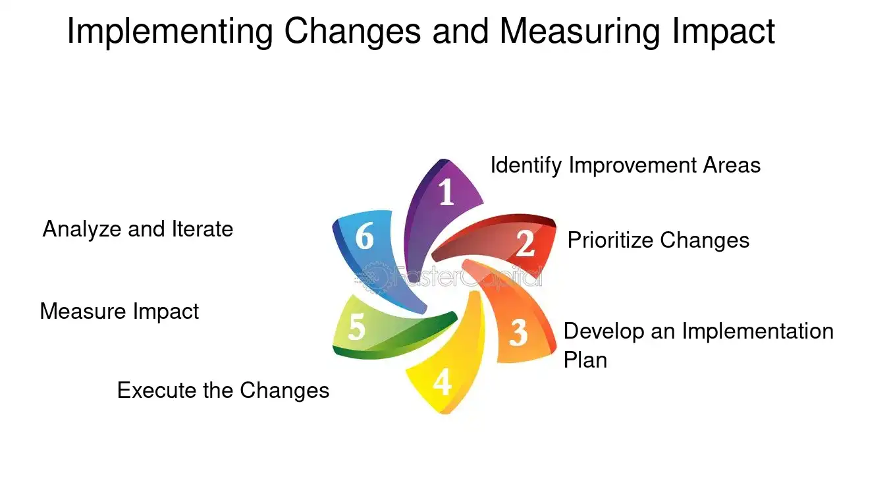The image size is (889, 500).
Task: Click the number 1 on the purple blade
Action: click(x=446, y=193)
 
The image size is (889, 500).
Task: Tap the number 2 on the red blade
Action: click(x=525, y=244)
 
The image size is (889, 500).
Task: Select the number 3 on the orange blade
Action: click(x=519, y=333)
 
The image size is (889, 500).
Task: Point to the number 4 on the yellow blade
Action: click(x=442, y=382)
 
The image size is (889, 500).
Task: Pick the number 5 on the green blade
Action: click(x=356, y=327)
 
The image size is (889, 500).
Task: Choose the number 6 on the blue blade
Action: click(x=365, y=236)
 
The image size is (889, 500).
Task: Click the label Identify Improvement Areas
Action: click(x=625, y=165)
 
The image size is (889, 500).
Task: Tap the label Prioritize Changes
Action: click(x=658, y=240)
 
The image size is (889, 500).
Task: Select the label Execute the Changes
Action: click(x=223, y=390)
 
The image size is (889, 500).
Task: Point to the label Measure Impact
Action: click(x=119, y=311)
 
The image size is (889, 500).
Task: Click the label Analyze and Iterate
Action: click(x=138, y=229)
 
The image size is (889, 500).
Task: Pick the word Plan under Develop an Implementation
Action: click(x=585, y=360)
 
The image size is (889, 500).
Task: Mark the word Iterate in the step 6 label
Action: click(x=203, y=229)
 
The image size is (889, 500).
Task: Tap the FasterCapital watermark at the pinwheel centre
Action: click(x=448, y=277)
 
